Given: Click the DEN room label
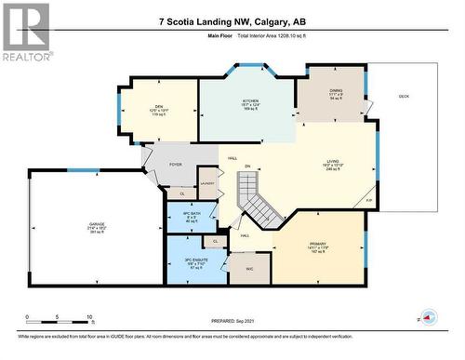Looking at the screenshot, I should click(x=159, y=106).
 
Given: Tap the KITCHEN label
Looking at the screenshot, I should click(x=251, y=100).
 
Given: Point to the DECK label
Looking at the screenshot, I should click(x=403, y=96).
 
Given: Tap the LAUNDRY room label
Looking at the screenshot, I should click(x=207, y=183).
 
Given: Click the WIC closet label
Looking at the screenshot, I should click(x=250, y=269).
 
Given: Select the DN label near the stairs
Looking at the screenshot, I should click(x=247, y=167).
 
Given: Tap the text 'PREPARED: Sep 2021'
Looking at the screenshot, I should click(x=232, y=321).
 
